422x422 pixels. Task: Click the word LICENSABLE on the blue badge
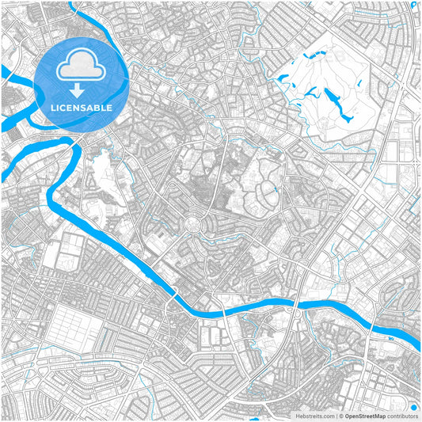tap(82, 107)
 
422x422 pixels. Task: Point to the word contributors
tap(402, 416)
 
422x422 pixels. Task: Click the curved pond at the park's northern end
tap(310, 57)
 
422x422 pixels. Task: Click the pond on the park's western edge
tap(283, 77)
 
